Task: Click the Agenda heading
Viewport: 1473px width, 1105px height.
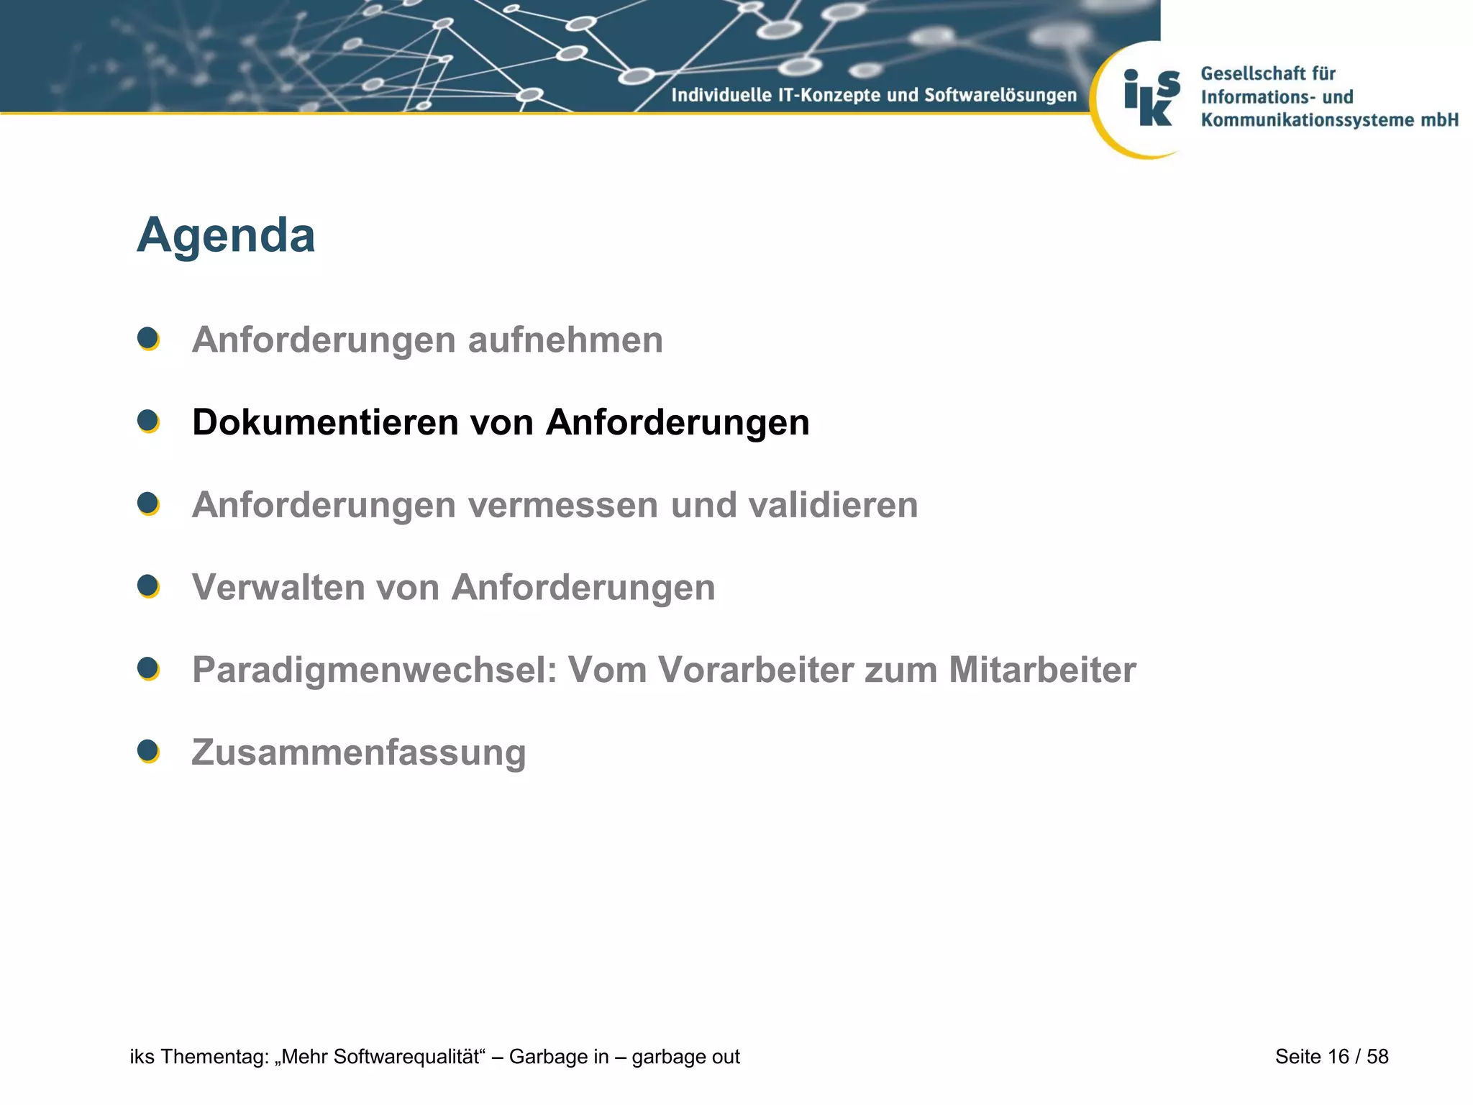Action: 226,235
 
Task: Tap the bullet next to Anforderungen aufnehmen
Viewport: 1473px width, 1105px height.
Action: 148,338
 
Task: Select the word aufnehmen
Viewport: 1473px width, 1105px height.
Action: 565,340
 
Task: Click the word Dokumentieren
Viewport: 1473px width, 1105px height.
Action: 325,422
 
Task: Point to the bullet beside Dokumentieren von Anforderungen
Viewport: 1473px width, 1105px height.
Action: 148,421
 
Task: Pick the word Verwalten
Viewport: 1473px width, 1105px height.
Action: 278,587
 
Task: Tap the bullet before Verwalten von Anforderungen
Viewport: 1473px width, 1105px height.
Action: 148,586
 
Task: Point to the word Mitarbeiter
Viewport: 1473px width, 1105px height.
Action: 1042,670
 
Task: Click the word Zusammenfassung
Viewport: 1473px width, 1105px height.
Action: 359,753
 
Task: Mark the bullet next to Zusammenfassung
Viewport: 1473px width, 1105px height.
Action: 148,751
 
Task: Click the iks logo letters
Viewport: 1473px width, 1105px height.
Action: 1152,99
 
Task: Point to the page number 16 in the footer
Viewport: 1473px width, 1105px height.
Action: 1338,1056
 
